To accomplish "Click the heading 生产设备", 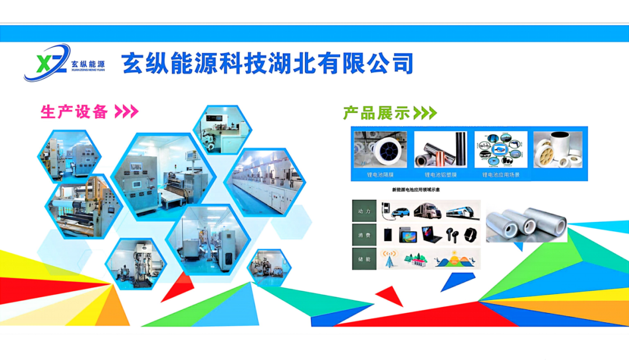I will (74, 111).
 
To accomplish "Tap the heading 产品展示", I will (376, 113).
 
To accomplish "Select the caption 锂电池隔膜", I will (380, 174).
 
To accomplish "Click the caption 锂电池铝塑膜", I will (440, 174).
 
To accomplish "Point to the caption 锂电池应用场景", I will (500, 174).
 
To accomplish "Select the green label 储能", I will (365, 258).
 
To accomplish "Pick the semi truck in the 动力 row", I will (430, 211).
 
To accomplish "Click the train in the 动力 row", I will (463, 211).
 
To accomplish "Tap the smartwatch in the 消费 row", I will (471, 235).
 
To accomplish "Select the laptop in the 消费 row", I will (431, 235).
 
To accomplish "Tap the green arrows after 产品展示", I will (425, 113).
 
